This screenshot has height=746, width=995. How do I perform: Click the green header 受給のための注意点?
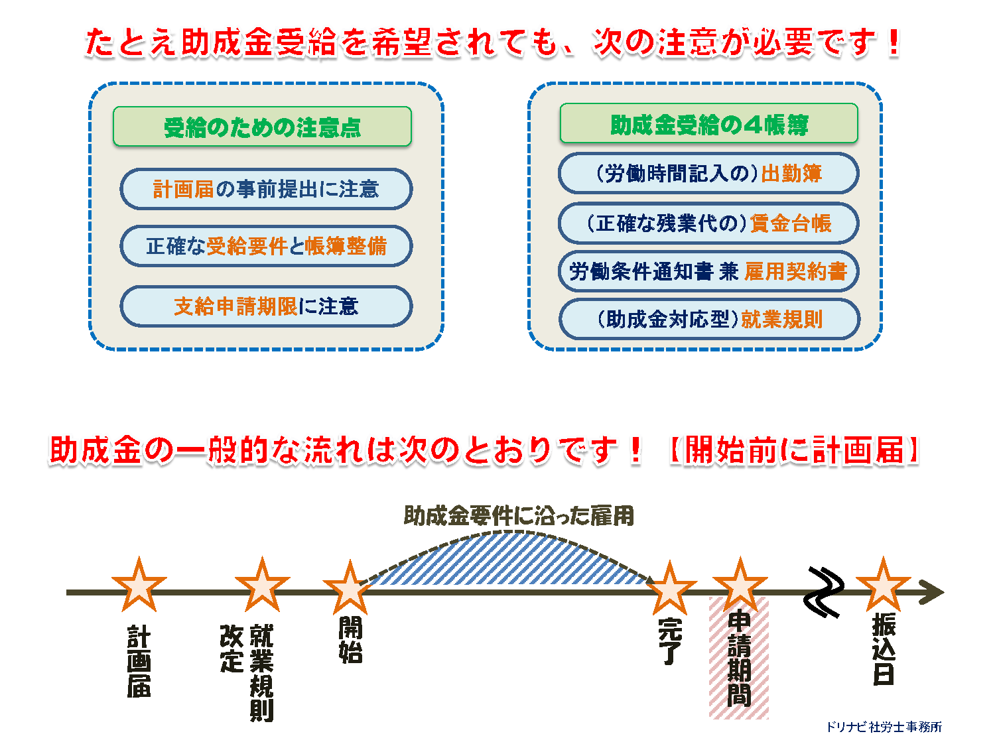(262, 127)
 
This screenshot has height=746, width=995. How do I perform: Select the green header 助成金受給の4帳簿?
(708, 123)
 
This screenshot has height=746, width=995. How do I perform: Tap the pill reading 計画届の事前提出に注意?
(266, 189)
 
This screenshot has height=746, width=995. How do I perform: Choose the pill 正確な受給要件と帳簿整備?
(266, 246)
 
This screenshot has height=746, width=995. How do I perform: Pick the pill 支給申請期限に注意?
(266, 306)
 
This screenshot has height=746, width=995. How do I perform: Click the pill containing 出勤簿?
(708, 173)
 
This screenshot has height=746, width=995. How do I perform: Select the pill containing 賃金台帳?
(708, 223)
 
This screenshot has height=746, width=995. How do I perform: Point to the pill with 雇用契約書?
(708, 271)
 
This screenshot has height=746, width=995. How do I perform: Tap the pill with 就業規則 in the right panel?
(709, 319)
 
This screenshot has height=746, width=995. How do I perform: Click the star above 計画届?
(139, 586)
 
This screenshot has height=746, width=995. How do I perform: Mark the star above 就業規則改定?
(262, 586)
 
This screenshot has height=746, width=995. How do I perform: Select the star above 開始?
(350, 588)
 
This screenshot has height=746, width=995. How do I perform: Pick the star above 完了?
(670, 588)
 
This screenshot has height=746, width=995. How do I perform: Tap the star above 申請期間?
(740, 586)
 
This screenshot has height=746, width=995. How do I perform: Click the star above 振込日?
(883, 586)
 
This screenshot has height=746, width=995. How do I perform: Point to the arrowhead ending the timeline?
(931, 592)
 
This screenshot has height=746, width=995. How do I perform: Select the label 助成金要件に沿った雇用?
(519, 516)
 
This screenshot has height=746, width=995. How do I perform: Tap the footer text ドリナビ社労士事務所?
(884, 727)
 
